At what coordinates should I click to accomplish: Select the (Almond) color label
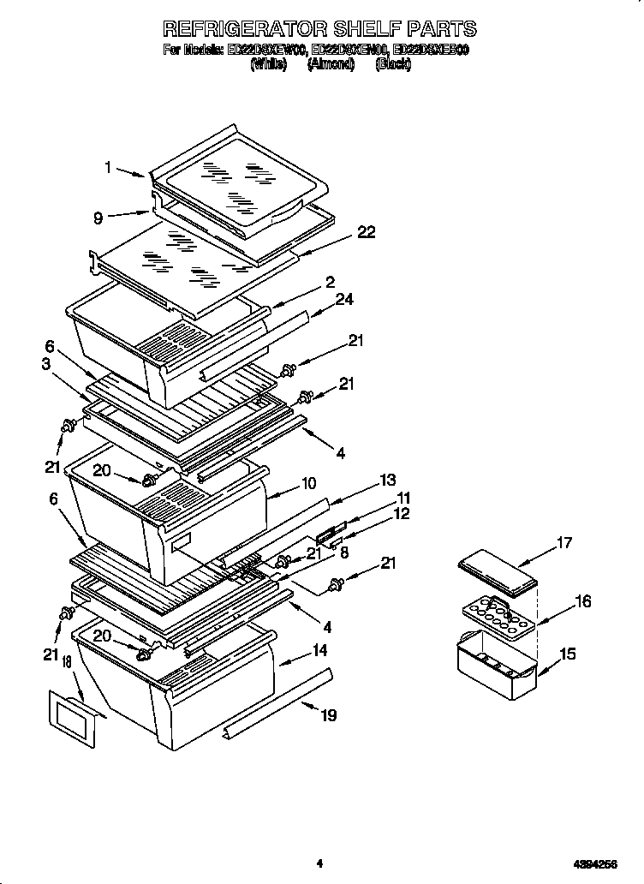pyautogui.click(x=331, y=65)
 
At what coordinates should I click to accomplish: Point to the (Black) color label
pyautogui.click(x=393, y=65)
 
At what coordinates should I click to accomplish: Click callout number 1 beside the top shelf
pyautogui.click(x=109, y=168)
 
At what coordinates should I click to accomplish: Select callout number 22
pyautogui.click(x=366, y=233)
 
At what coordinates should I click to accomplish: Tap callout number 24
pyautogui.click(x=346, y=299)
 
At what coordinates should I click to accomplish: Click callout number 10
pyautogui.click(x=309, y=483)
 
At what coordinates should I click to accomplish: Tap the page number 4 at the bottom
pyautogui.click(x=318, y=863)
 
